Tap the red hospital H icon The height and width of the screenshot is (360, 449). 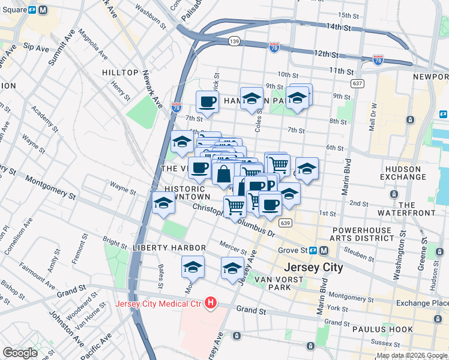210,304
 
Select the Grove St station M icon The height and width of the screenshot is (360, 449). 324,250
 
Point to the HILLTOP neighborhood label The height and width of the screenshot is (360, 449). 120,73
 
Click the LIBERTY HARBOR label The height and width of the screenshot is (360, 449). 169,248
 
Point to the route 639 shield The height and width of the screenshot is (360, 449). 286,223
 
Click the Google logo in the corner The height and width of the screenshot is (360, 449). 20,353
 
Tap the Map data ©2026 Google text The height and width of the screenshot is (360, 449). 412,355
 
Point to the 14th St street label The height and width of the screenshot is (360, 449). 339,28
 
